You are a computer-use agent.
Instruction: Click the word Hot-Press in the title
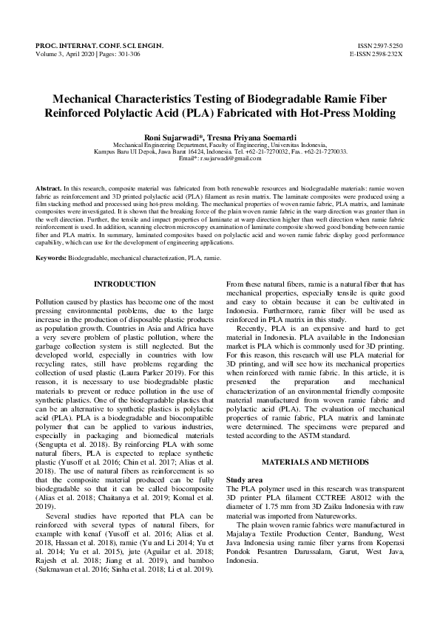[325, 113]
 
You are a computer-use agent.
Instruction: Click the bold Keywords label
[52, 257]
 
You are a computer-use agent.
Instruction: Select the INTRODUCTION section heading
[125, 284]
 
